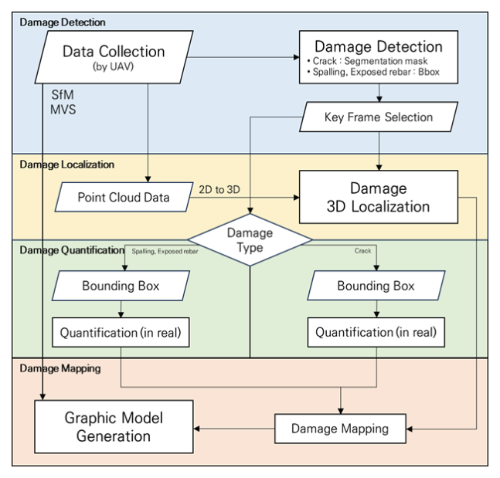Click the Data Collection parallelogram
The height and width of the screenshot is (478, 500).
(x=116, y=58)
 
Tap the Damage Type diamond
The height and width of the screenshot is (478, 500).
(x=250, y=239)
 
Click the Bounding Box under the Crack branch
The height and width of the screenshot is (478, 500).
(x=376, y=286)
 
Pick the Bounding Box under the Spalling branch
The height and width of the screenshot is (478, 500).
(x=121, y=286)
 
